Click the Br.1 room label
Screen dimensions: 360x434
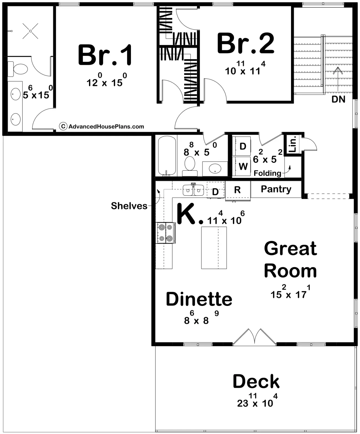pyautogui.click(x=105, y=55)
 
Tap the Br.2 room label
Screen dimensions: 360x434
pyautogui.click(x=246, y=43)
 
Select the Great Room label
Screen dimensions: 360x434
pyautogui.click(x=290, y=260)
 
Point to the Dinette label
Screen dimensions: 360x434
pyautogui.click(x=199, y=299)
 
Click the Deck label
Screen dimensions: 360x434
pyautogui.click(x=256, y=381)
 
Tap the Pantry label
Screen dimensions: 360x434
pyautogui.click(x=276, y=189)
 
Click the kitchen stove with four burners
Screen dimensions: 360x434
pyautogui.click(x=166, y=233)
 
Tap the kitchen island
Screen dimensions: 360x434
pyautogui.click(x=214, y=248)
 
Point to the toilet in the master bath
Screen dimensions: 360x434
pyautogui.click(x=18, y=69)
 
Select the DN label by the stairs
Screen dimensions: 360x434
pyautogui.click(x=338, y=99)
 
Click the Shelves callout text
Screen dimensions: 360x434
pyautogui.click(x=129, y=206)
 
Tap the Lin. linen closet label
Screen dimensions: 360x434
pyautogui.click(x=293, y=144)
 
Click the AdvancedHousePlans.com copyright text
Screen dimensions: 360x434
pyautogui.click(x=102, y=126)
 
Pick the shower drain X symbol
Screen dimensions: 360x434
pyautogui.click(x=30, y=31)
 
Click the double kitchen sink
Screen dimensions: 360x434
pyautogui.click(x=193, y=190)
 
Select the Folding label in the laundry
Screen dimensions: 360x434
pyautogui.click(x=268, y=173)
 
